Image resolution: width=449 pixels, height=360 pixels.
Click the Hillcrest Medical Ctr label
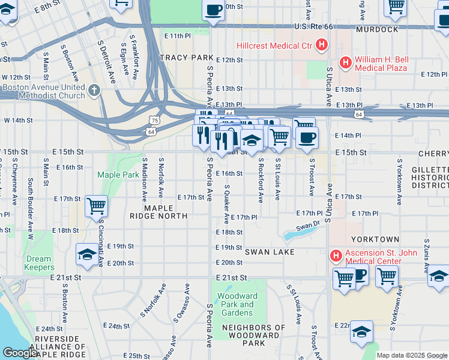274,46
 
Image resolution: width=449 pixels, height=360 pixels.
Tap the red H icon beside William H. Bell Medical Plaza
345,62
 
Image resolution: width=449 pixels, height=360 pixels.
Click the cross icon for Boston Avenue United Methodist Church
94,91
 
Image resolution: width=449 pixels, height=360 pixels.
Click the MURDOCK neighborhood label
376,29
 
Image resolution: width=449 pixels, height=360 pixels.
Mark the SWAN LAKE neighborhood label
270,252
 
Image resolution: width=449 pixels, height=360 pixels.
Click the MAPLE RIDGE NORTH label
158,211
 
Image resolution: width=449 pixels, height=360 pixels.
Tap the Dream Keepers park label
40,263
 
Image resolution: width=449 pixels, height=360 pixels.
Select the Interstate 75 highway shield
155,120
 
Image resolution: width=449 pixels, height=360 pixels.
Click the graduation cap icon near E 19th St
87,254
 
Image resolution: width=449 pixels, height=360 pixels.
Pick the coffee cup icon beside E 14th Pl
307,137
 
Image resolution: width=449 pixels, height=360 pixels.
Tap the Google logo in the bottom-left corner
20,353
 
